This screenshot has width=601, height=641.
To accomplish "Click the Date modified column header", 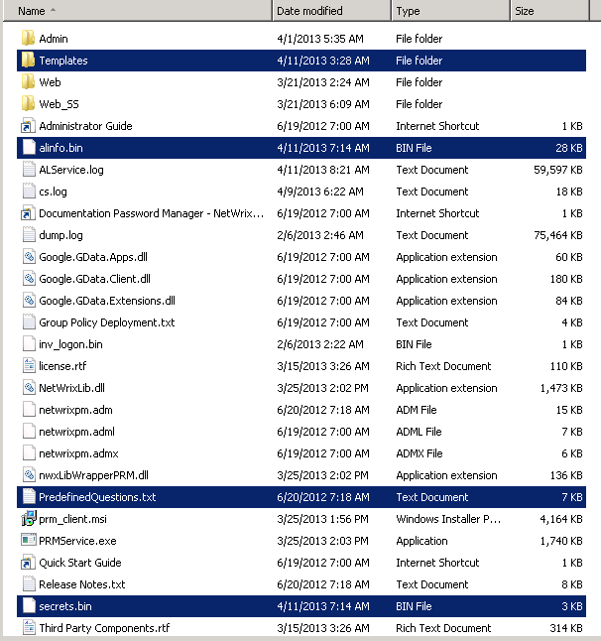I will click(x=309, y=11).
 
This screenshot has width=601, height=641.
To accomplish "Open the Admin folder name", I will click(x=54, y=39).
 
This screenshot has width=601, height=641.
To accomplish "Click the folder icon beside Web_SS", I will click(x=27, y=104).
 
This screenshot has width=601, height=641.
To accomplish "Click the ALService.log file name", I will click(x=71, y=170).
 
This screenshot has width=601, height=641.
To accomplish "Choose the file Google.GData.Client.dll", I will click(x=94, y=279).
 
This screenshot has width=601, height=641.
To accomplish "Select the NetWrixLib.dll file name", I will click(x=71, y=388).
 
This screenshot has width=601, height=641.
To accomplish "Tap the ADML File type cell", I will click(x=419, y=432).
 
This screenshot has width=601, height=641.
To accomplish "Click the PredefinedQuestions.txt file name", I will click(x=97, y=497).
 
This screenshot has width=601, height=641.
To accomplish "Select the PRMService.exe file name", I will click(x=77, y=541).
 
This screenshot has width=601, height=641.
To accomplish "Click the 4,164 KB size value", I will click(x=561, y=519).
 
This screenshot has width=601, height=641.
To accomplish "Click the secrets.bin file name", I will click(x=65, y=606).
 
